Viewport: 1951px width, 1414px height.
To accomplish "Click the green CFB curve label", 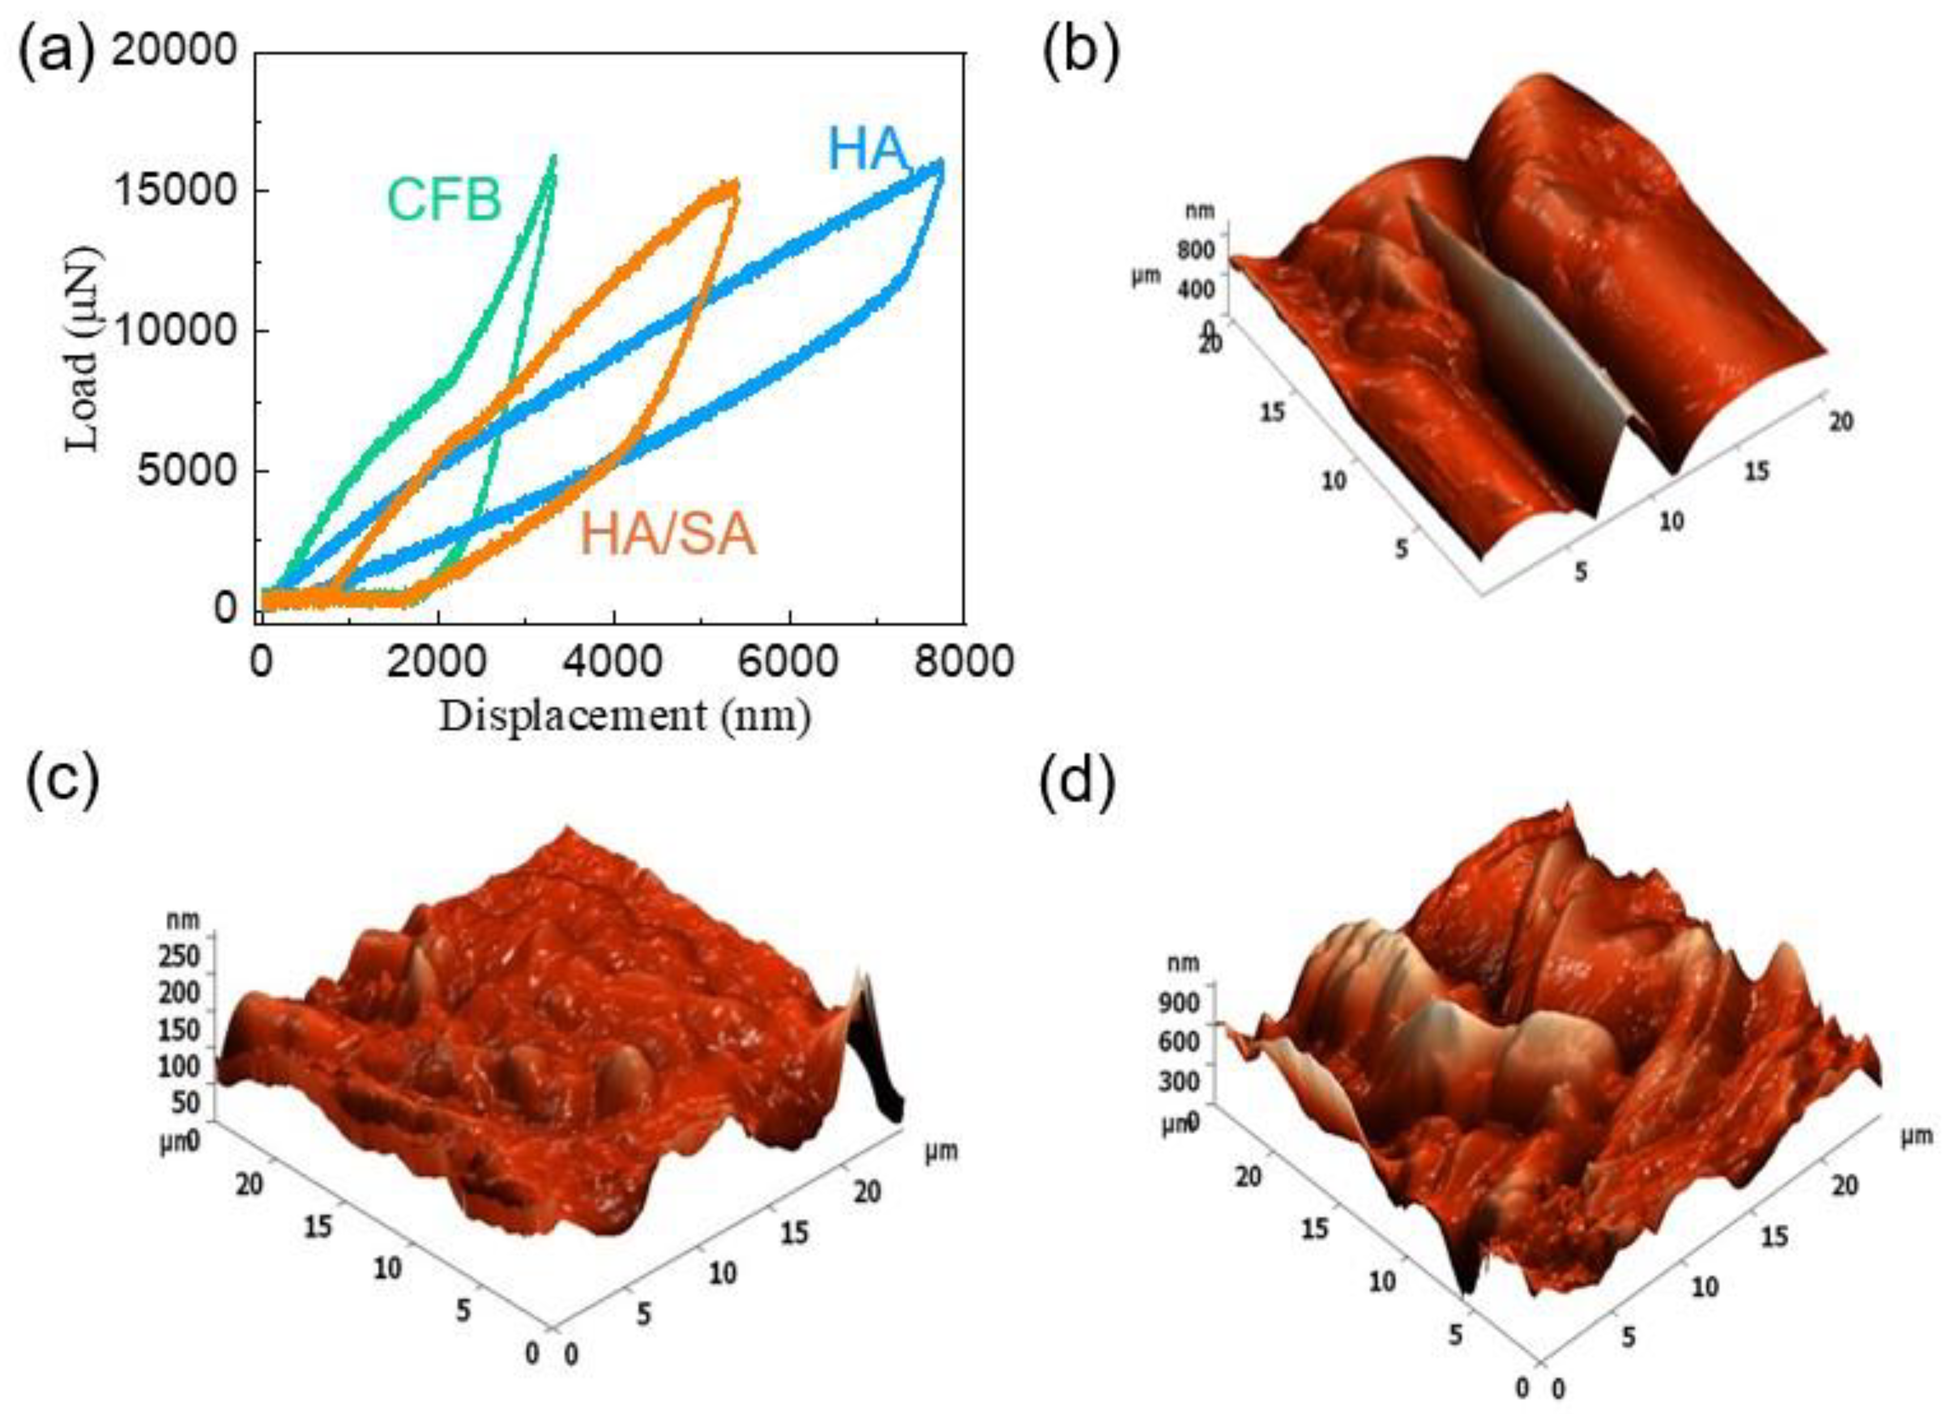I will [444, 199].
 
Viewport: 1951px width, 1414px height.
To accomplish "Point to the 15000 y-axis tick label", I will [174, 191].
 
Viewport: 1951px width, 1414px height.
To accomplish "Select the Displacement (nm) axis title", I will [625, 716].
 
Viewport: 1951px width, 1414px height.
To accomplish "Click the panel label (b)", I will [1081, 53].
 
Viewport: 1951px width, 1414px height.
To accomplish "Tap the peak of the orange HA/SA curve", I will [736, 182].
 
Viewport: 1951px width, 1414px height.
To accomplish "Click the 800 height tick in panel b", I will [1195, 250].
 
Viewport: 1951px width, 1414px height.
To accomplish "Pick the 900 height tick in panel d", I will [1184, 1003].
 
